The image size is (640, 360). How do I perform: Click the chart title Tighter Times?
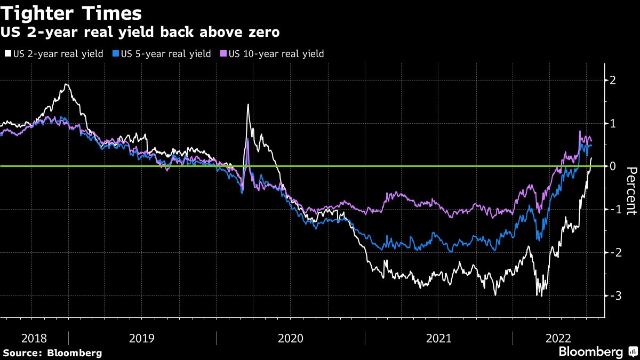click(x=71, y=13)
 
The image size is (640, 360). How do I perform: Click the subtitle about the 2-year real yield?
click(x=140, y=33)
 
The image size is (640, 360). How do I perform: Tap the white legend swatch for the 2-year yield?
click(x=8, y=54)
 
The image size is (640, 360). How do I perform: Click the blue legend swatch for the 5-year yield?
click(x=116, y=54)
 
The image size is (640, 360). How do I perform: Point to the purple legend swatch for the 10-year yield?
click(x=224, y=54)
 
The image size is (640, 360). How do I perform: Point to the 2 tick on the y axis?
click(x=613, y=81)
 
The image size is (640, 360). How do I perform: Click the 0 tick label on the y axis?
click(x=613, y=166)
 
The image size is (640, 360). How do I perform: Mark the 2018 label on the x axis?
click(x=34, y=338)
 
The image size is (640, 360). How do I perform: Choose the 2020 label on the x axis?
click(x=290, y=338)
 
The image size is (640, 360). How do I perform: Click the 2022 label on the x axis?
click(x=558, y=338)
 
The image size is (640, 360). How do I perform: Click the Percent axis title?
click(x=631, y=191)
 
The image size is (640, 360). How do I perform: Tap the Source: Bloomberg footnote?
click(x=52, y=353)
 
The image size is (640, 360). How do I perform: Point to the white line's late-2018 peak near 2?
click(x=66, y=85)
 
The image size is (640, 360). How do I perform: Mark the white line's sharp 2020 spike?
click(x=248, y=105)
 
